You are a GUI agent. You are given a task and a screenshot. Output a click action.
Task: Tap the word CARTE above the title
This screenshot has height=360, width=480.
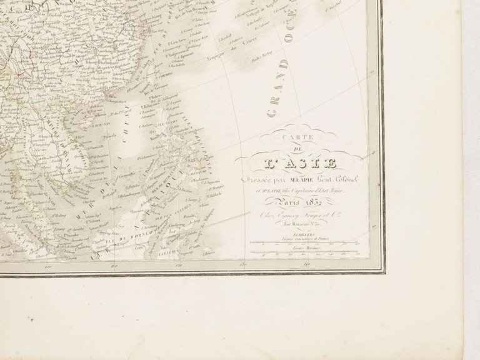pyautogui.click(x=293, y=142)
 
